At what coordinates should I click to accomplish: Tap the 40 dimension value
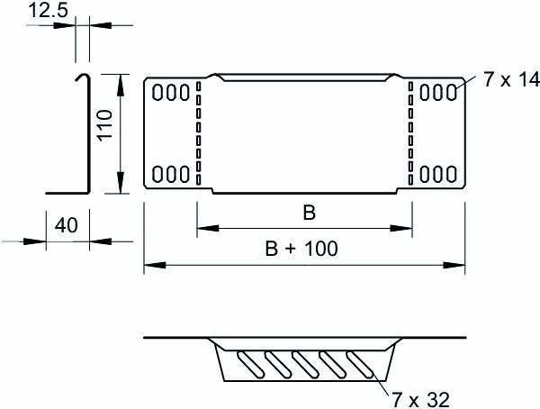(65, 225)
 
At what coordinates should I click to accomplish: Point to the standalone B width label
(308, 214)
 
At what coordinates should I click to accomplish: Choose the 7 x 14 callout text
(509, 81)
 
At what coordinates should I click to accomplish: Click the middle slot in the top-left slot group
(171, 92)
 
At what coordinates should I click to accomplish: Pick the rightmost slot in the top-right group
(450, 92)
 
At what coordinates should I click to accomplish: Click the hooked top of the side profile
(81, 76)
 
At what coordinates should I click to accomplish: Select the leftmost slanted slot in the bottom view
(244, 363)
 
